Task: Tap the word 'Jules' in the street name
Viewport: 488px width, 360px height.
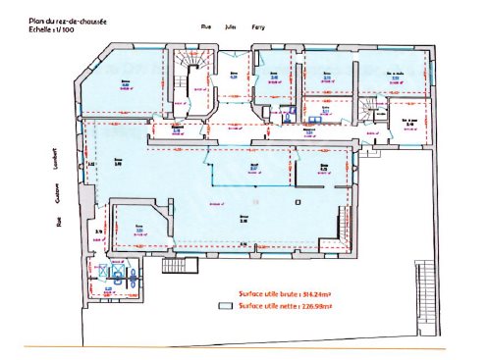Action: tap(231, 27)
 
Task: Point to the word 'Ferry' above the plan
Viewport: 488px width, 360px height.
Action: tap(258, 27)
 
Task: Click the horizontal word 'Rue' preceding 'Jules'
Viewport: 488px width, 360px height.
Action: tap(206, 27)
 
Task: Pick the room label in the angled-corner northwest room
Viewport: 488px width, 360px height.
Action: tap(125, 85)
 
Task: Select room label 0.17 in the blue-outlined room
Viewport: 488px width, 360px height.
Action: tap(252, 167)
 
